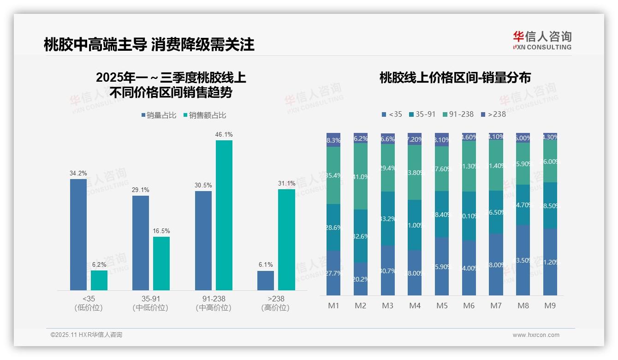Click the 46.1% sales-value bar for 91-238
point(224,215)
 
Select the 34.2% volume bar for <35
point(78,234)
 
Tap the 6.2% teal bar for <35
point(99,280)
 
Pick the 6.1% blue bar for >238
point(266,281)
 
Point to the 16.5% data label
point(161,231)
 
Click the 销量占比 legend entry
point(159,115)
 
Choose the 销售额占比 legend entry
point(205,115)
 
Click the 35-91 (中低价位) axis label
point(150,303)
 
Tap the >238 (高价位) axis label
point(275,303)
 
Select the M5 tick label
point(442,306)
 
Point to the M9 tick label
point(550,306)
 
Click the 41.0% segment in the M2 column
point(361,176)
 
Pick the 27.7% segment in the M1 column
point(333,273)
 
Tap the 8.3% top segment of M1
point(333,140)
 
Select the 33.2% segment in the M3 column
point(388,218)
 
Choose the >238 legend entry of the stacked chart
point(493,114)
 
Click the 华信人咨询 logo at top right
point(542,40)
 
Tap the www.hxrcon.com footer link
point(536,335)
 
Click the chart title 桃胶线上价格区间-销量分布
point(455,78)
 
